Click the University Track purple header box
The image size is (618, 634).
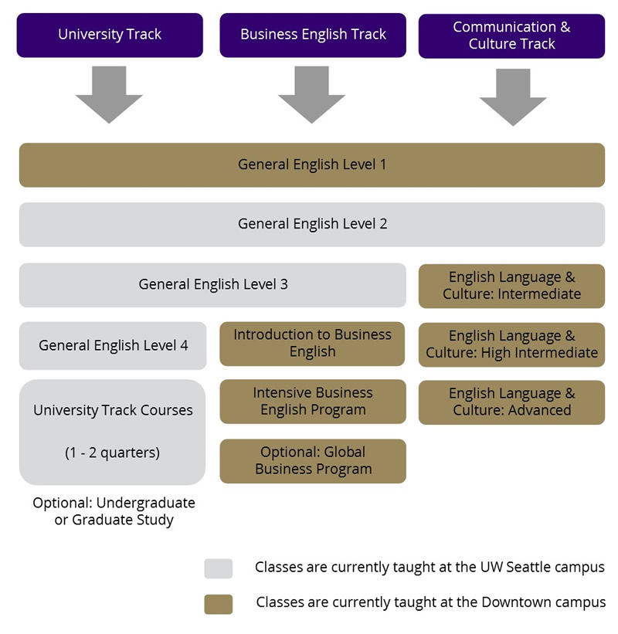pos(110,35)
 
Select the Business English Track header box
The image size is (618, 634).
pos(313,35)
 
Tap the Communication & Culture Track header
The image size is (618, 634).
pos(511,36)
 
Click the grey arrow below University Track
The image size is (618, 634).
pos(109,94)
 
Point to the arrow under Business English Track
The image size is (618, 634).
pos(311,94)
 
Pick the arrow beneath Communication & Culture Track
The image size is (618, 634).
pos(513,97)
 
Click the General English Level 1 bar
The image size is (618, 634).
pos(312,164)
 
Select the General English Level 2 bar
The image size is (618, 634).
pos(312,224)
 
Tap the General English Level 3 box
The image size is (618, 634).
pos(212,284)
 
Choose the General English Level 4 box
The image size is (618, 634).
pos(113,345)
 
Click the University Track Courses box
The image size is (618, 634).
pos(113,432)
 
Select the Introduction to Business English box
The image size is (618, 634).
pos(312,344)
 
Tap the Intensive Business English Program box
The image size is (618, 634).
pos(312,402)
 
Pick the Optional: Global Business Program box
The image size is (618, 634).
pos(312,461)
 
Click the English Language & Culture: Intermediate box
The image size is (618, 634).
pos(511,286)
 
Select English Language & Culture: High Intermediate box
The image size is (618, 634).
pos(511,344)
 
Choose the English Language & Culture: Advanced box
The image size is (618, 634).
pos(511,402)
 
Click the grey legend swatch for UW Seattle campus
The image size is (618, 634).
pos(218,568)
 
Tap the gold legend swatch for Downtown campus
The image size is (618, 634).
pos(218,603)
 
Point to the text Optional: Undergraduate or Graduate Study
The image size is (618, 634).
pos(114,511)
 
